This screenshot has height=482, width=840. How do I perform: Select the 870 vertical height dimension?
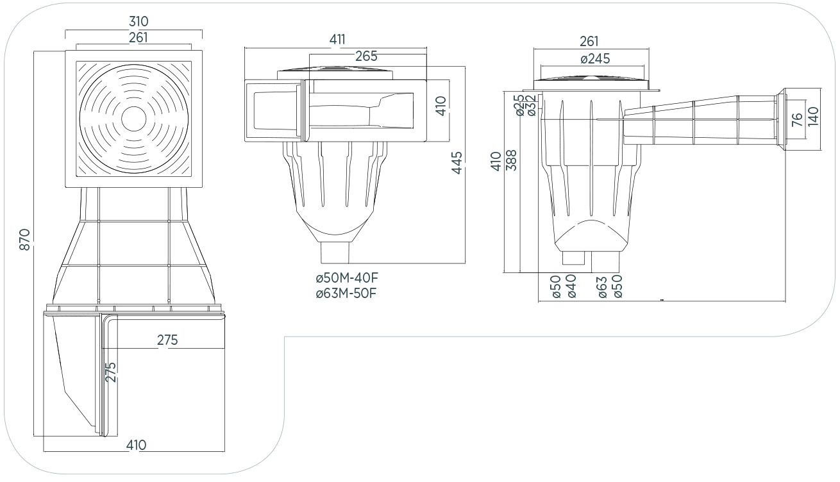point(25,239)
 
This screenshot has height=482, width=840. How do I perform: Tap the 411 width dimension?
point(337,40)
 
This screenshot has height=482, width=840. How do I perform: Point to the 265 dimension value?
point(366,56)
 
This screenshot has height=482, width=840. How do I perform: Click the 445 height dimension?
point(457,163)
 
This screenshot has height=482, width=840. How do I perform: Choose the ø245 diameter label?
point(594,59)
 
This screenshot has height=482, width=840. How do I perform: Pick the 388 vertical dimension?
point(512,160)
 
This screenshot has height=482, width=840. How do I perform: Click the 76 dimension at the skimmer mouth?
point(797,120)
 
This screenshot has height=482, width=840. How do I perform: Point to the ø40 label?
point(571,287)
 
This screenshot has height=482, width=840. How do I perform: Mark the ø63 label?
point(602,287)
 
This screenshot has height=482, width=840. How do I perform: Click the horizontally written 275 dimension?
point(167,340)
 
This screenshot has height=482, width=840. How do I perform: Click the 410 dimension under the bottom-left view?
point(136,445)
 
